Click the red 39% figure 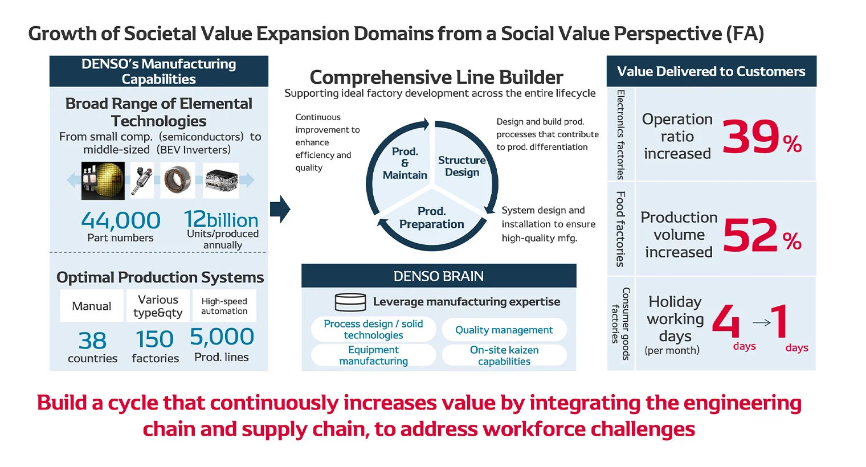[x=761, y=137]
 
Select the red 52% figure [x=761, y=235]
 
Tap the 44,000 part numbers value [x=120, y=220]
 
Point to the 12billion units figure [x=221, y=220]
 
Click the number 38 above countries [x=92, y=341]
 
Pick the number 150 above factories [x=155, y=339]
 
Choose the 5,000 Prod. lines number [x=222, y=337]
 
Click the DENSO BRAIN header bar [x=439, y=276]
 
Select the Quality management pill [x=504, y=330]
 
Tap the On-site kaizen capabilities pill [x=504, y=355]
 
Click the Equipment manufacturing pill [x=373, y=355]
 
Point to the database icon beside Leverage [x=350, y=302]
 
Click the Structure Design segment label [x=461, y=166]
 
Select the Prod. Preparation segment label [x=431, y=218]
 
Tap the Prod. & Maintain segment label [x=405, y=163]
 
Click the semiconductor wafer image [x=103, y=181]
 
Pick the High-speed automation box [x=224, y=306]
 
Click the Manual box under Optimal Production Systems [x=92, y=306]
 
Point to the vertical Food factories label [x=620, y=229]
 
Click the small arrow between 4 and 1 [x=761, y=323]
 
